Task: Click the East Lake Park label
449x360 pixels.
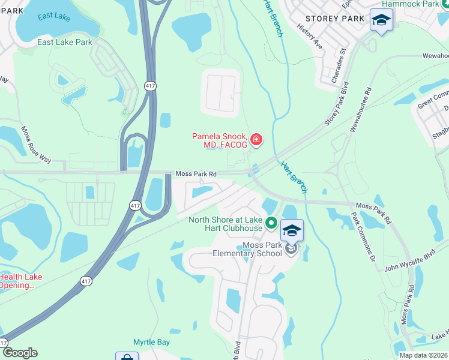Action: click(65, 42)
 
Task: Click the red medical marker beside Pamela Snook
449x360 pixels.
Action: click(257, 140)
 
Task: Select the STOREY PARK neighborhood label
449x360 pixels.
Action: click(334, 19)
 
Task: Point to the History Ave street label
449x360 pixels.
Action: click(310, 38)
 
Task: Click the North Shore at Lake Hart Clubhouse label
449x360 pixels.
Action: click(225, 224)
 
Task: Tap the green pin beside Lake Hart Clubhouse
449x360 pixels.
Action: click(271, 223)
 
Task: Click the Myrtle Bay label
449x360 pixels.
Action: click(151, 343)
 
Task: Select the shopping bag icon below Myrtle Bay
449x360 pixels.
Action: click(127, 357)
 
